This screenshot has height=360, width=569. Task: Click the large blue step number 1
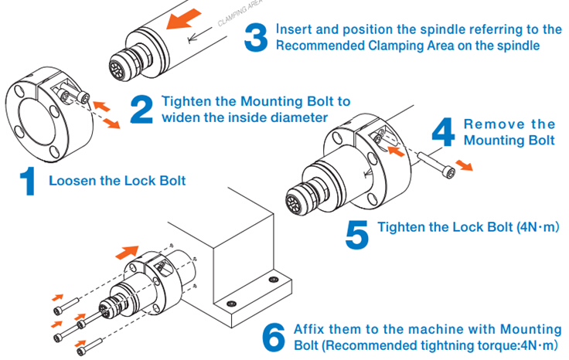click(27, 183)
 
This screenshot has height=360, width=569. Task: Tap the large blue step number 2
click(141, 110)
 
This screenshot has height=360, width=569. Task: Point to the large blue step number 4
click(442, 133)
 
